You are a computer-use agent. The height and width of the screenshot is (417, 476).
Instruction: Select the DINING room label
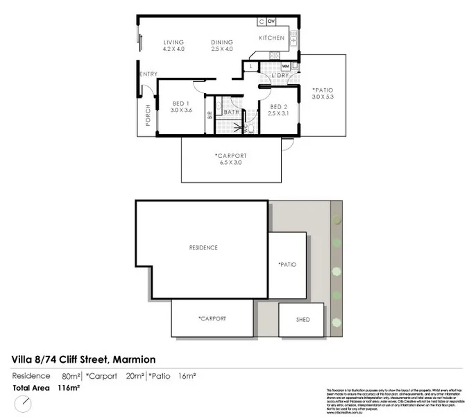click(x=222, y=42)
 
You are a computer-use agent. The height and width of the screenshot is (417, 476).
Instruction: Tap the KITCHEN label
click(x=271, y=38)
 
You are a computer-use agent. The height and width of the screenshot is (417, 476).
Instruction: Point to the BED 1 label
click(x=181, y=105)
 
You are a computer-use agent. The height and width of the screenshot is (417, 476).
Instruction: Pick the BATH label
click(x=231, y=111)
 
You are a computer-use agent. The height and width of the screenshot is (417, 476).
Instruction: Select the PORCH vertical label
click(x=148, y=116)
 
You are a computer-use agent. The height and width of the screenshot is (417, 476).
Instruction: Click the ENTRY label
click(x=148, y=74)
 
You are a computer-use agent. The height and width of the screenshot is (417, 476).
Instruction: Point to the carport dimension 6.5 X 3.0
click(x=230, y=163)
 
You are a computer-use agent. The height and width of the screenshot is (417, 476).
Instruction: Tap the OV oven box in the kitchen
click(x=271, y=22)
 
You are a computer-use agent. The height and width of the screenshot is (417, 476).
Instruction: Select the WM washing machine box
click(x=286, y=66)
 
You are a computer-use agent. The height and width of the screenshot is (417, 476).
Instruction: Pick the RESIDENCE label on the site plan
click(x=203, y=247)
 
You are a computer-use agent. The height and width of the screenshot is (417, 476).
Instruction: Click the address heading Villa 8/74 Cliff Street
click(x=84, y=359)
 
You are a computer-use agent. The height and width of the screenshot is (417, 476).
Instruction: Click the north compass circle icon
click(x=23, y=403)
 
